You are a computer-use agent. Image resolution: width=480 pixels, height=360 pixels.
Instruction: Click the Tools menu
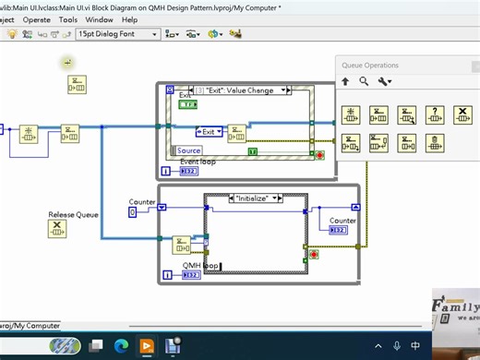68,18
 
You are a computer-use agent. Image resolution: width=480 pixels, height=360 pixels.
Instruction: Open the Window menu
100,18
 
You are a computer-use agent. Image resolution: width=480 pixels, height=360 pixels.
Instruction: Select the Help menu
129,18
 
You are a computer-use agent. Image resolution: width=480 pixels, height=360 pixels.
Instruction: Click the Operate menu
37,18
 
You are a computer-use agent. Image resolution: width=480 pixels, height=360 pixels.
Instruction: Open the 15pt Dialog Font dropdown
121,34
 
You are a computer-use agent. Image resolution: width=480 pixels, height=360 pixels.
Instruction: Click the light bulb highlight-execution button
13,34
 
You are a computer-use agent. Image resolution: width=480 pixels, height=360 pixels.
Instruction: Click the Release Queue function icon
58,230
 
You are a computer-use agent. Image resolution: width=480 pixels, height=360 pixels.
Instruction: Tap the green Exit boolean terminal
187,105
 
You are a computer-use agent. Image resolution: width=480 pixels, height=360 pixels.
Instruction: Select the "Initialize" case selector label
257,198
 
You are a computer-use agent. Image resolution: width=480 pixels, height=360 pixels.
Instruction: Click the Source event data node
188,150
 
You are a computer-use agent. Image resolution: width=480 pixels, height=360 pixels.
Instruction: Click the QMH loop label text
200,265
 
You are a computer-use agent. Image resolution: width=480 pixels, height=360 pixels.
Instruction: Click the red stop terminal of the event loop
319,156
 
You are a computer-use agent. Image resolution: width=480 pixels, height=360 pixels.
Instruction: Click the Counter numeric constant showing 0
132,212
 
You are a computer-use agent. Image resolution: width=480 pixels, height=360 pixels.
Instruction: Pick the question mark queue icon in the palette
435,114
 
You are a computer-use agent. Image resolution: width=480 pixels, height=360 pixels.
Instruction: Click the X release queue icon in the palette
462,114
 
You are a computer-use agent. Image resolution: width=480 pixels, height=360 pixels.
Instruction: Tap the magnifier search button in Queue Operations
364,81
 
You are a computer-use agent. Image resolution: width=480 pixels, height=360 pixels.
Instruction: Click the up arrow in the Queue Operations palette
345,81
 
